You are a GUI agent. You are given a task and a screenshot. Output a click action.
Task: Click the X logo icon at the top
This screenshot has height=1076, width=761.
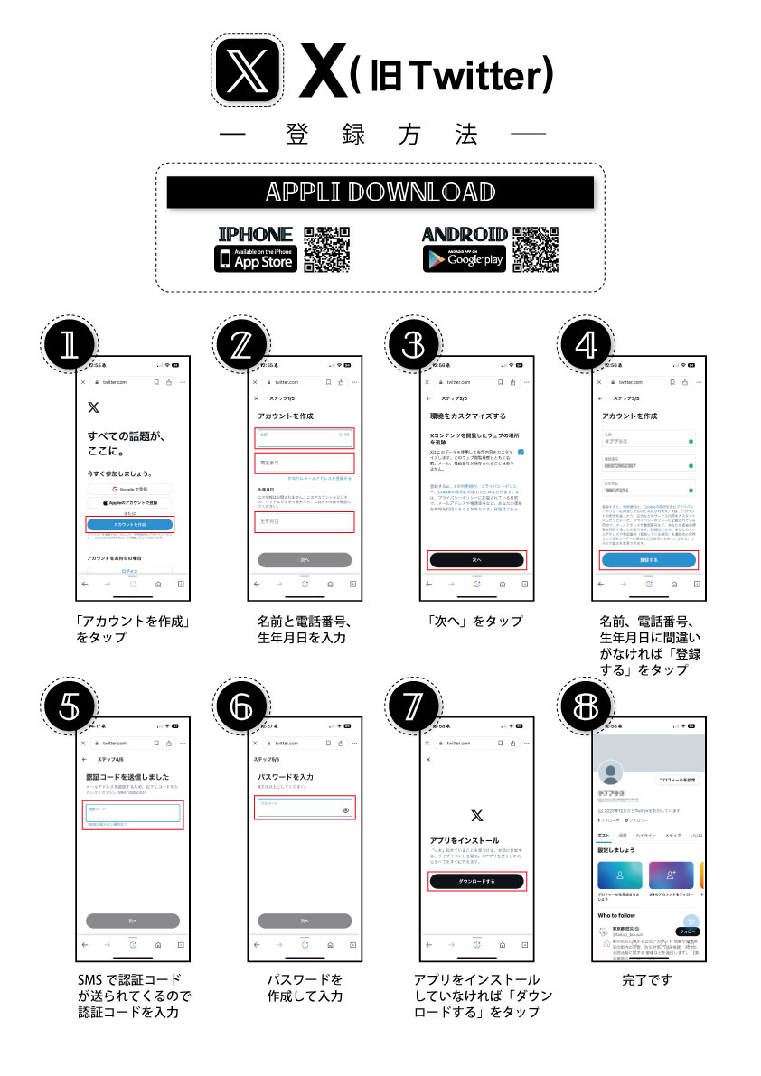point(250,69)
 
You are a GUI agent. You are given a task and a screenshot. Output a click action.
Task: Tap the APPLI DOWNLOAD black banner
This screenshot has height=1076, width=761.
point(380,192)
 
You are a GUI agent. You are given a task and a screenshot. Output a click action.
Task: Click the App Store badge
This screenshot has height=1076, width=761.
point(256,258)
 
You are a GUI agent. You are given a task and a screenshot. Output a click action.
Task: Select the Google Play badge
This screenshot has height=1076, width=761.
point(464,258)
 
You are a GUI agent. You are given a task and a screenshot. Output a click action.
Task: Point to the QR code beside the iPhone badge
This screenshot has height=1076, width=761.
point(326,249)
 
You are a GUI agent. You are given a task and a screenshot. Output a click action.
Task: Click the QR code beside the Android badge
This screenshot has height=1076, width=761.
point(535,249)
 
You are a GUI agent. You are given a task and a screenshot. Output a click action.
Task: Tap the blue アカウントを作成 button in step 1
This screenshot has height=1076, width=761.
point(130,524)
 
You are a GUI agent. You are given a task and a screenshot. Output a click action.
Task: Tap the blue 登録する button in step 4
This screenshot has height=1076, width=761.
point(649,560)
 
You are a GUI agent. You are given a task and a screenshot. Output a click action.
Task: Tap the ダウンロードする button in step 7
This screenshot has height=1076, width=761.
point(476,881)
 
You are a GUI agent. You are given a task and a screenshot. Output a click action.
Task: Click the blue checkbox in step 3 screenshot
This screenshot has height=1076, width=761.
point(522,451)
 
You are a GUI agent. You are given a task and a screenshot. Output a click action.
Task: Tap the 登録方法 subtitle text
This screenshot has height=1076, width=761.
point(380,135)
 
